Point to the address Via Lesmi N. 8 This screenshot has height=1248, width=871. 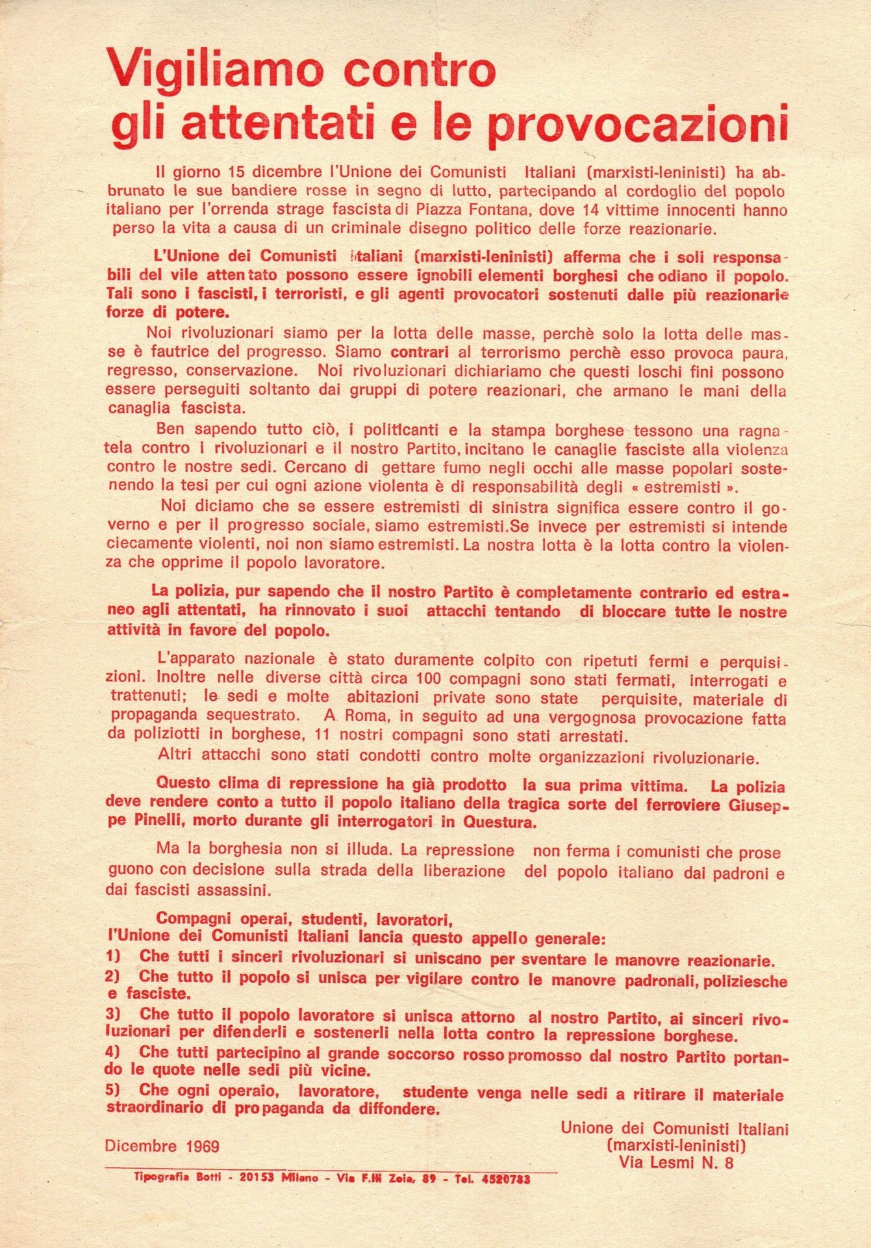pyautogui.click(x=675, y=1163)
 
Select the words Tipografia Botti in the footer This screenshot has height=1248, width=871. pyautogui.click(x=181, y=1176)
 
